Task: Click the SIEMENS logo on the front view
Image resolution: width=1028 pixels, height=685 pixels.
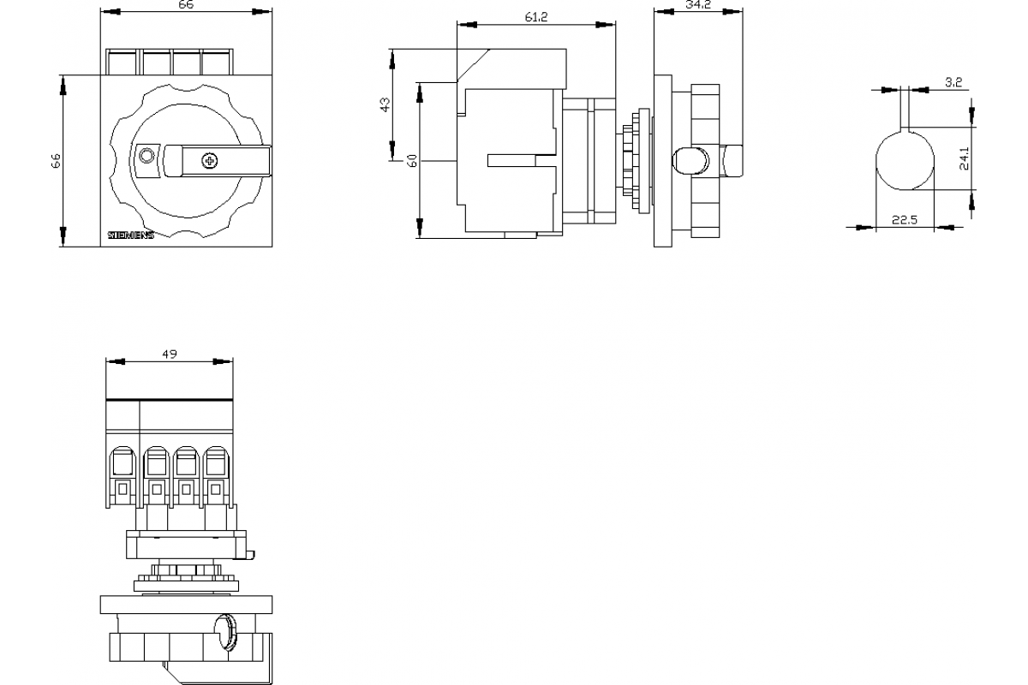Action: [130, 235]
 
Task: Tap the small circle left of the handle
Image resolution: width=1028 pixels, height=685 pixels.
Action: [146, 156]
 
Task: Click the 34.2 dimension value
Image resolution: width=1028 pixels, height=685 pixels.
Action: [698, 5]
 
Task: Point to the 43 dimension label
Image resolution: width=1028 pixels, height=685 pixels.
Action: [385, 104]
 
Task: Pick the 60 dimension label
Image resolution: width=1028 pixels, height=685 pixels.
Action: [412, 160]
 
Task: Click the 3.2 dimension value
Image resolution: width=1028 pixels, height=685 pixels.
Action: [953, 83]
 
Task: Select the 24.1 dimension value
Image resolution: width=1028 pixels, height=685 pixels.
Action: [965, 159]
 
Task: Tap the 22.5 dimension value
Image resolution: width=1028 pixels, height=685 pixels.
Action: [905, 220]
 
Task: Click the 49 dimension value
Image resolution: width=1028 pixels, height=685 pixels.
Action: [169, 354]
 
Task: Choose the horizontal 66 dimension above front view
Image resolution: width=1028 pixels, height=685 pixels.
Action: [186, 5]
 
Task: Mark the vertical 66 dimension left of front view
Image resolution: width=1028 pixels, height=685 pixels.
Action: [56, 162]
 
